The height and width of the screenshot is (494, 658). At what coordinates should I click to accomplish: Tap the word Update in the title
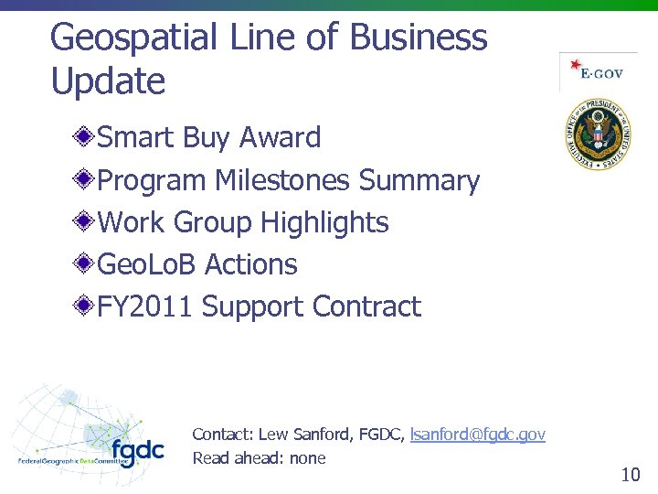click(x=108, y=81)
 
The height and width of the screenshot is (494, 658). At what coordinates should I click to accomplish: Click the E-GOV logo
click(x=598, y=72)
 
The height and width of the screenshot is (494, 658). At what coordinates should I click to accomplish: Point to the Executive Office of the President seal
click(x=598, y=137)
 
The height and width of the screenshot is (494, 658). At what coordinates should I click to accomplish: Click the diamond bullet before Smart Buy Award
click(x=85, y=138)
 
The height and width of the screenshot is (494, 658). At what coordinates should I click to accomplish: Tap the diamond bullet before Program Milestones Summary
click(x=85, y=180)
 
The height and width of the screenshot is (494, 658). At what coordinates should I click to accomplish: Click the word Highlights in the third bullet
click(x=324, y=222)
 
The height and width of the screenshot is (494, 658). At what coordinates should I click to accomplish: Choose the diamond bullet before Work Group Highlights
click(x=85, y=222)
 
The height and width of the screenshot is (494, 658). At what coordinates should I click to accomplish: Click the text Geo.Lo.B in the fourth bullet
click(x=146, y=264)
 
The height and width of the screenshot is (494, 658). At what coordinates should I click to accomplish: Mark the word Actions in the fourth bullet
click(x=251, y=264)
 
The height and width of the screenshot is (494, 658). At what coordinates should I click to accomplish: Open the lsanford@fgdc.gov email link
click(x=478, y=435)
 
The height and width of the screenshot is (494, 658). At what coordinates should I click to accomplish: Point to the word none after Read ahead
click(x=307, y=458)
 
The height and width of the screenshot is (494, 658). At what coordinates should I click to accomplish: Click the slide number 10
click(x=630, y=474)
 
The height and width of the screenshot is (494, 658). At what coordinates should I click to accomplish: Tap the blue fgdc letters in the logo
click(x=137, y=451)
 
